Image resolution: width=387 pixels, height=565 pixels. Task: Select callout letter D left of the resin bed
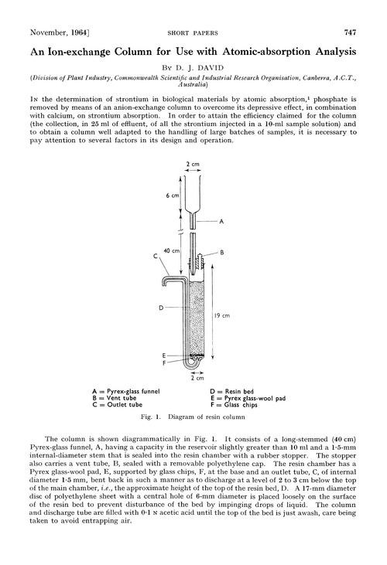(160, 307)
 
